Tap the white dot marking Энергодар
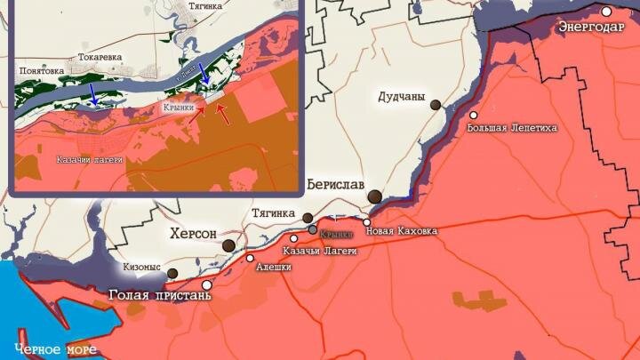(x=606, y=12)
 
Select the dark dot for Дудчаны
(x=436, y=105)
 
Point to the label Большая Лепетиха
(x=512, y=128)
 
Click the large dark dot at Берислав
(x=375, y=197)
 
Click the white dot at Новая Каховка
(x=367, y=223)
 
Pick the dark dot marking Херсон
(x=229, y=245)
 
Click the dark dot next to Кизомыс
(x=173, y=274)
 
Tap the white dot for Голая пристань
(x=208, y=285)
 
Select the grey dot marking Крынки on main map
(x=312, y=229)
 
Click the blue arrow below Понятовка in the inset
(x=93, y=93)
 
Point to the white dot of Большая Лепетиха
(x=474, y=116)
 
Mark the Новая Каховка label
(x=403, y=231)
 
